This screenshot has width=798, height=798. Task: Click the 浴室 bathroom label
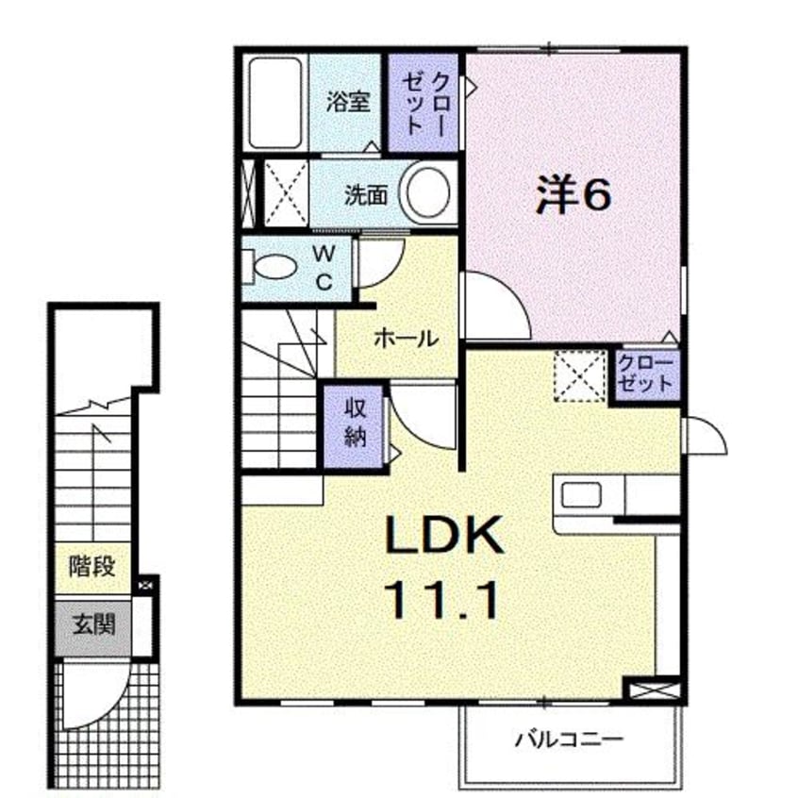click(348, 102)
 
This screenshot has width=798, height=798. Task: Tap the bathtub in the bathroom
click(275, 104)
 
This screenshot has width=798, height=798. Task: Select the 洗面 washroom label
click(366, 195)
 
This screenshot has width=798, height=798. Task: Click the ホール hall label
click(407, 339)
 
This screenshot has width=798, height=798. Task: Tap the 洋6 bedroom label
click(573, 195)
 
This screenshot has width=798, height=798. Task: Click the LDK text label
click(443, 535)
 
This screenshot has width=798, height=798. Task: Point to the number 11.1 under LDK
click(441, 601)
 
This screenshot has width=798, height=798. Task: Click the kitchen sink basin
click(581, 494)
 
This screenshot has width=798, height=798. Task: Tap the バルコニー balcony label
click(569, 740)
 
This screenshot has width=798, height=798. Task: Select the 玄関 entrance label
click(93, 623)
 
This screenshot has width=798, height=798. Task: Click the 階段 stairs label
click(92, 567)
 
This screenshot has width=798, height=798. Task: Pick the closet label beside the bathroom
click(424, 104)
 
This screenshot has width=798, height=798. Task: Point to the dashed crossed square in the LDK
click(580, 376)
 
